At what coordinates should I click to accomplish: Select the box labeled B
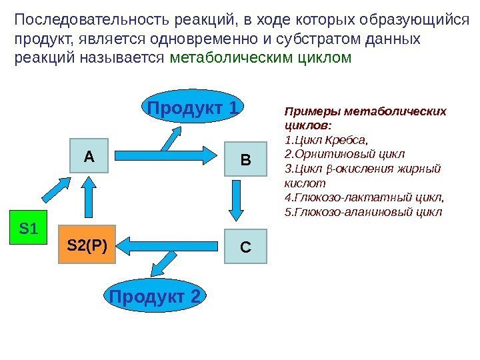click(245, 160)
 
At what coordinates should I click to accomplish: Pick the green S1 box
click(28, 229)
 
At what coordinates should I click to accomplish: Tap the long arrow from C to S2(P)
click(173, 245)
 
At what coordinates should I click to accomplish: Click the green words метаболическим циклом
click(260, 57)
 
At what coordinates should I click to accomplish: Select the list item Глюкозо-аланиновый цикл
click(363, 212)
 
